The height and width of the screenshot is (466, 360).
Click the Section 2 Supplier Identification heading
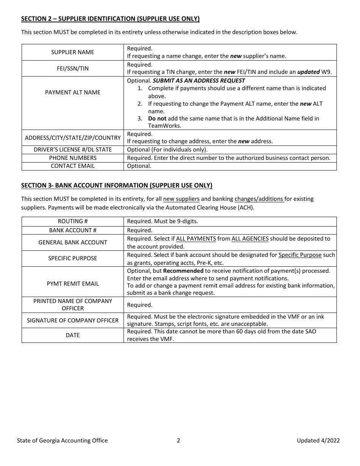(110, 19)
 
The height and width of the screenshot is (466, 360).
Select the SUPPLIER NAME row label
(72, 52)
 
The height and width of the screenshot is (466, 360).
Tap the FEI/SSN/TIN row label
(72, 69)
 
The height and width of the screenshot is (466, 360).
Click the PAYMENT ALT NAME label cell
(72, 92)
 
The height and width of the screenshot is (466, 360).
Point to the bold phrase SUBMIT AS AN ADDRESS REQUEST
(199, 81)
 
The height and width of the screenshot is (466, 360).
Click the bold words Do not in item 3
(157, 119)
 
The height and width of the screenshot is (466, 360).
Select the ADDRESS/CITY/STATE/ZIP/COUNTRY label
(72, 138)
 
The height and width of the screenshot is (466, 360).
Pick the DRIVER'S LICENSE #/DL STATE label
(72, 150)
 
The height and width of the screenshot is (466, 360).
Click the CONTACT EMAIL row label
(72, 166)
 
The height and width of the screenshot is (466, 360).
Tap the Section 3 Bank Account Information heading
(116, 185)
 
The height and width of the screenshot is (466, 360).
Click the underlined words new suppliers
(181, 199)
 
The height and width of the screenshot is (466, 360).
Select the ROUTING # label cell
(72, 221)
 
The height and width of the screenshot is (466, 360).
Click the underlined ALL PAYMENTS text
(196, 239)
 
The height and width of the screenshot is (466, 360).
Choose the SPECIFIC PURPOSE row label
(72, 258)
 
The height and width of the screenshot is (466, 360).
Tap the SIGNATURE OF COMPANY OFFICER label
(72, 321)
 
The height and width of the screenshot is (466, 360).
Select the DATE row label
(72, 335)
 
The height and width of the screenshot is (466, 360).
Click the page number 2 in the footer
(178, 440)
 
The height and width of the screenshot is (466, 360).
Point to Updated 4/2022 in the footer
(318, 440)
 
